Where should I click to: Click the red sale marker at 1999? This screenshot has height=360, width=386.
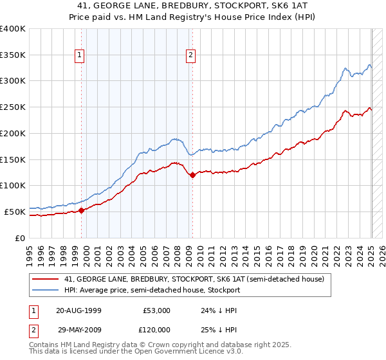click(x=82, y=210)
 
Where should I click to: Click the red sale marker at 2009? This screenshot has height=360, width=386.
click(x=193, y=175)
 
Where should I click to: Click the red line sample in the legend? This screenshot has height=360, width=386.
click(x=45, y=279)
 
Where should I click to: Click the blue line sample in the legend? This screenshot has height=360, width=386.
click(x=45, y=290)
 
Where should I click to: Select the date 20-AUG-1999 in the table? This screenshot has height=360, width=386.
click(x=78, y=310)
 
